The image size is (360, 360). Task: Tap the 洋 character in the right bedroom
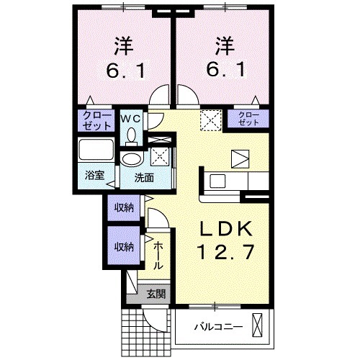223,45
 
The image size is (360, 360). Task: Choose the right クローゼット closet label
248,118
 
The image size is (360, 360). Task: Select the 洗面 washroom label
143,177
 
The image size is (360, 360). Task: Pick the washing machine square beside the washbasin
161,156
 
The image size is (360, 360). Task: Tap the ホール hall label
158,256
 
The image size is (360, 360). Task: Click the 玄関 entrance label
155,293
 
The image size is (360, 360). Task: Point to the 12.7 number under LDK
225,253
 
